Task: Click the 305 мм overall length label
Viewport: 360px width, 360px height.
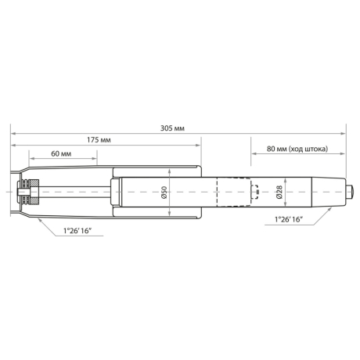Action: click(173, 128)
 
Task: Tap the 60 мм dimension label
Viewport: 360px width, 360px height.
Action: click(63, 154)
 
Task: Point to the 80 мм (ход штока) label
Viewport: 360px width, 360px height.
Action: click(297, 148)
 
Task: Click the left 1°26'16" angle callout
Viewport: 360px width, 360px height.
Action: click(78, 230)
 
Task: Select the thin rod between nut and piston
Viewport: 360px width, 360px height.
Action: click(74, 192)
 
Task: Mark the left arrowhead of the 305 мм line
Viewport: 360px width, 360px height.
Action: click(13, 134)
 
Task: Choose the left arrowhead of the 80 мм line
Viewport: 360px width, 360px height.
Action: click(253, 154)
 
